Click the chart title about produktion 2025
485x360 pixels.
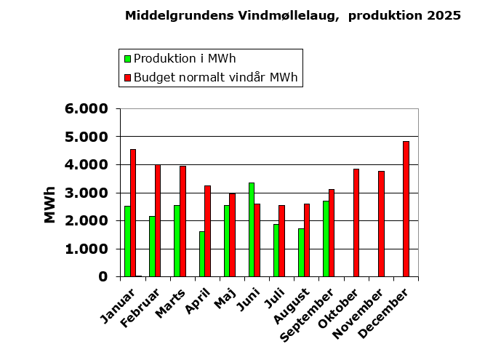pyautogui.click(x=292, y=15)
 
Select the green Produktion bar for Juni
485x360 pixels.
pyautogui.click(x=252, y=229)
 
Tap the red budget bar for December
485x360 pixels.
pyautogui.click(x=406, y=209)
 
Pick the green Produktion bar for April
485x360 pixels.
pyautogui.click(x=202, y=254)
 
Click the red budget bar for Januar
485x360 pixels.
pyautogui.click(x=133, y=212)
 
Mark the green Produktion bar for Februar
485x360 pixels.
pyautogui.click(x=152, y=246)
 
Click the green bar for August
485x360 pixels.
pyautogui.click(x=301, y=252)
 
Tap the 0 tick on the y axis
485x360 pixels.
pyautogui.click(x=104, y=277)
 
